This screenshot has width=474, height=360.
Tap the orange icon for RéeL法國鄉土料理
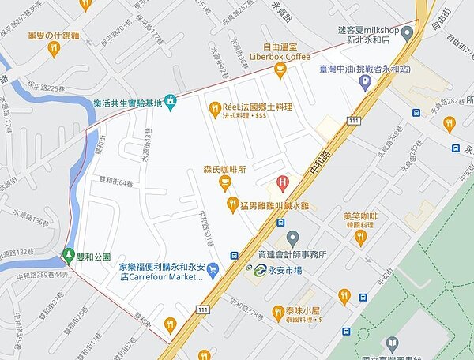coord(214,109)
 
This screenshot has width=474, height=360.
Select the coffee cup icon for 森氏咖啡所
coord(225,184)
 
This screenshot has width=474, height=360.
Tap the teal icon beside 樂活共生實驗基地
coord(169,103)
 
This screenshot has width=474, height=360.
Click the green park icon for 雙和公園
coord(66,256)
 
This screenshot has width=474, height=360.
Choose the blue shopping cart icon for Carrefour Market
coord(214,271)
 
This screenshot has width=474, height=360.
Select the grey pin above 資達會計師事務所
coord(292,238)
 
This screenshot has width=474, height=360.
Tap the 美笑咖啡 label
coord(360,216)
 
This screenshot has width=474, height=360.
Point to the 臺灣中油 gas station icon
coord(364,84)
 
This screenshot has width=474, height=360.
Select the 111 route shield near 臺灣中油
coord(352,120)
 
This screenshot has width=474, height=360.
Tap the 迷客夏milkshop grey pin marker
coord(407,35)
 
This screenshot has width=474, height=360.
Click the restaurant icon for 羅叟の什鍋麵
coord(54,49)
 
